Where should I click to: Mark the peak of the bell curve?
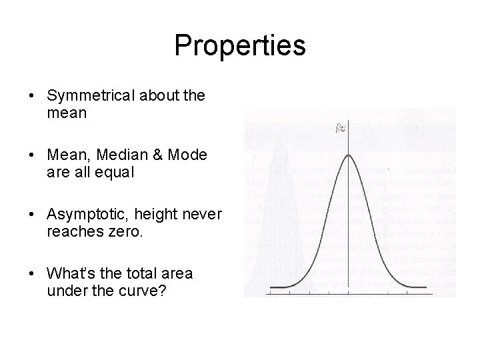pyautogui.click(x=348, y=155)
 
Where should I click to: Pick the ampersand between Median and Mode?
pyautogui.click(x=155, y=155)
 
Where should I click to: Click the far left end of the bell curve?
pyautogui.click(x=269, y=287)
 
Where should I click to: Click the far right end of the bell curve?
pyautogui.click(x=426, y=287)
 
